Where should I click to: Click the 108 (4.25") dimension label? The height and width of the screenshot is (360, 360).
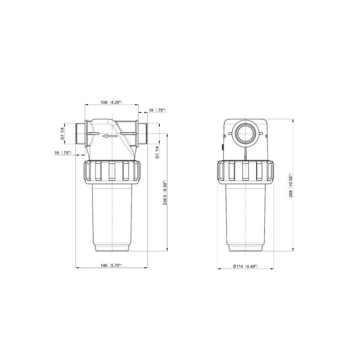pos(111,102)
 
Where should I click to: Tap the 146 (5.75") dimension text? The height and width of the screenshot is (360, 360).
pos(111,265)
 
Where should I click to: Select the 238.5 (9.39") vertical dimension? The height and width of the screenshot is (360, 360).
pos(165,193)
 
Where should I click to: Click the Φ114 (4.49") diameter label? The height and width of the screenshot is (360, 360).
pos(245,266)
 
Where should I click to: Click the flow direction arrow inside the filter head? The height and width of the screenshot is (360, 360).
pos(110,136)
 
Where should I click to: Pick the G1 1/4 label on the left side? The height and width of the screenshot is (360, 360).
pos(62,134)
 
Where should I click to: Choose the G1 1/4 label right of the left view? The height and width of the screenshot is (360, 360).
pos(157,152)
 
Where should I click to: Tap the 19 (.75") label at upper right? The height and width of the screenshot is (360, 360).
pos(157,110)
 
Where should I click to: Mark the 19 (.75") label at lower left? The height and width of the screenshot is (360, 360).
pos(63,153)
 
